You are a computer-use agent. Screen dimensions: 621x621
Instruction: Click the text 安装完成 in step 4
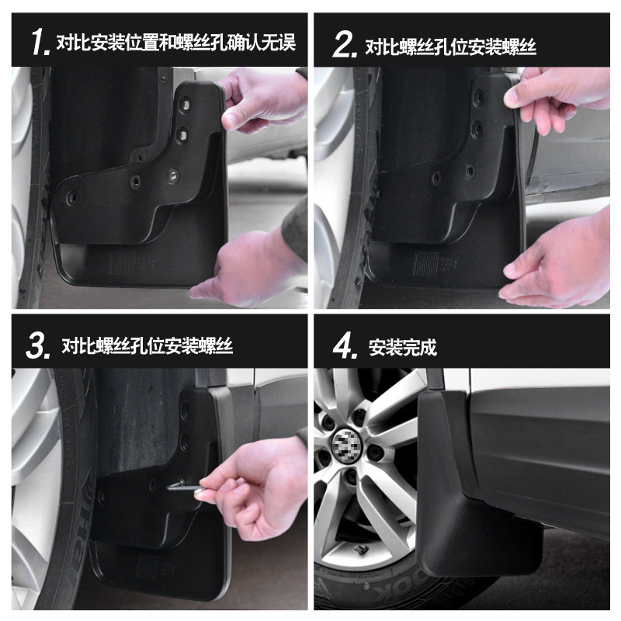tap(402, 347)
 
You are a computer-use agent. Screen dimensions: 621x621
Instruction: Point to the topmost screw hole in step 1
tap(184, 105)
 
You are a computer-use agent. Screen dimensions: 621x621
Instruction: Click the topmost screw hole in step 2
tap(478, 96)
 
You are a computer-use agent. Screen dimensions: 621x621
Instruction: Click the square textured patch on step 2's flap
tap(425, 264)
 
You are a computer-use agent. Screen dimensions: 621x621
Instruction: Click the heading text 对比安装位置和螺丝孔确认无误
tap(176, 43)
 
